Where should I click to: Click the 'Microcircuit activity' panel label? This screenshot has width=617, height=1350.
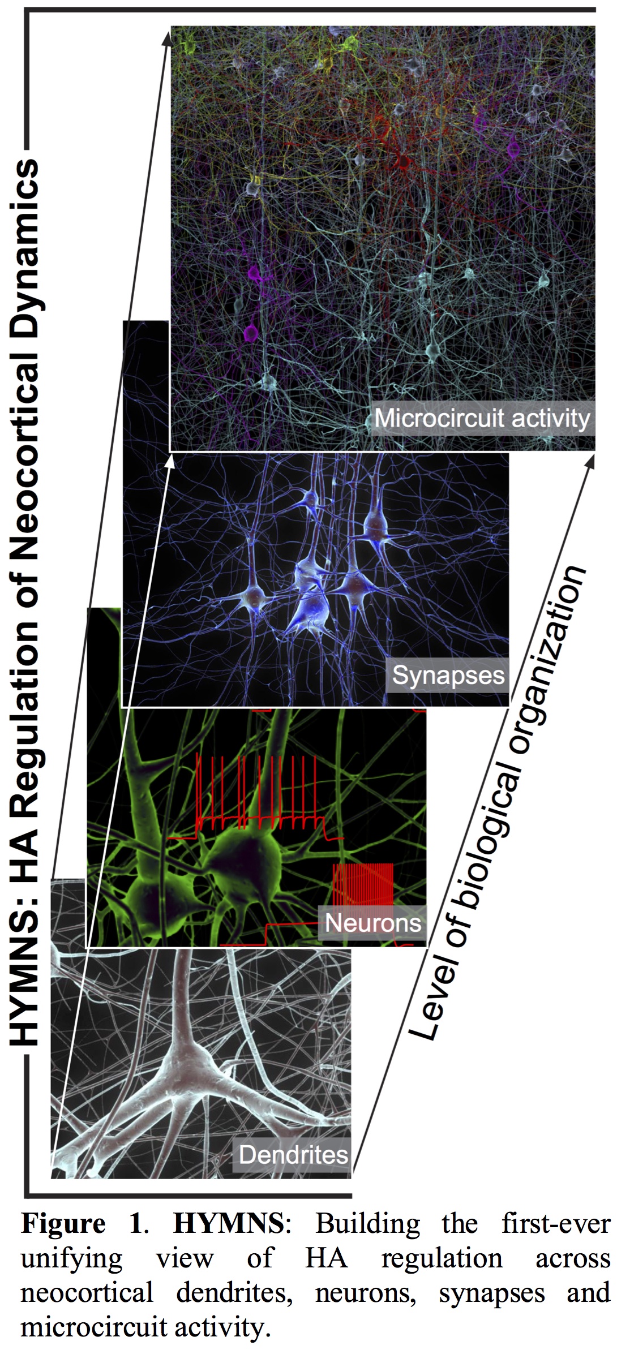coord(482,419)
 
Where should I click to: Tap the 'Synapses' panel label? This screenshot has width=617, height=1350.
coord(448,675)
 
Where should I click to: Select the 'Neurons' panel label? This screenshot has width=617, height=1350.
coord(372,923)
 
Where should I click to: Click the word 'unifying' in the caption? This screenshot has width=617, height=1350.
coord(71,1257)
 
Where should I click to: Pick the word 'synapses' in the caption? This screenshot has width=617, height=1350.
coord(491,1292)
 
